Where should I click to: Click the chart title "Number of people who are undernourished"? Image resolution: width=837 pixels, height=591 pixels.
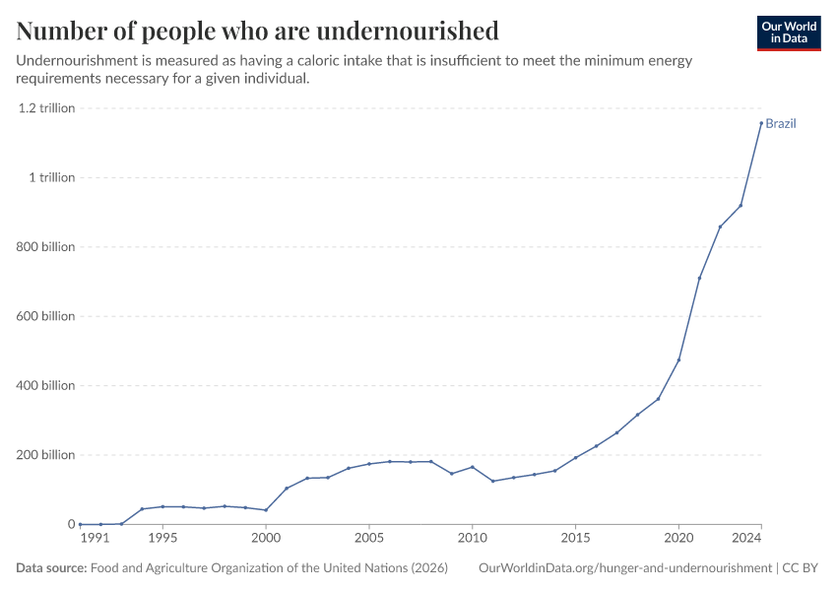[x=257, y=31]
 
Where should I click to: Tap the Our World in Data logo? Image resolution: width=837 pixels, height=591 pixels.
[x=788, y=33]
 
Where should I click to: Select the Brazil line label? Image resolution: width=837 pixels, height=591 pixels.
[x=780, y=124]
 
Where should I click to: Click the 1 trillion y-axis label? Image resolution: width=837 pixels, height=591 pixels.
[x=51, y=177]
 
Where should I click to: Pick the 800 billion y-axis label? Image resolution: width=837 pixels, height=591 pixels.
[x=45, y=247]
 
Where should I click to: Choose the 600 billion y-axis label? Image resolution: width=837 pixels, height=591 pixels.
[x=45, y=316]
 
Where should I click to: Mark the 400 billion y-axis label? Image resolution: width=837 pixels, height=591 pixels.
[x=45, y=385]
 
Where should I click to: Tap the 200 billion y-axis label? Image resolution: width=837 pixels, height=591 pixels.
[x=45, y=455]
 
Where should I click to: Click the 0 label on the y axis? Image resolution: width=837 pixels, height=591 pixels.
[x=70, y=524]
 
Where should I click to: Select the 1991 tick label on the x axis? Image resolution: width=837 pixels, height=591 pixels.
[x=94, y=539]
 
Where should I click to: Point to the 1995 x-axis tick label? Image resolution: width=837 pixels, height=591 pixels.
[x=162, y=539]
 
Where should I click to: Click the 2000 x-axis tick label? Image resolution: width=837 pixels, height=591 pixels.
[x=266, y=539]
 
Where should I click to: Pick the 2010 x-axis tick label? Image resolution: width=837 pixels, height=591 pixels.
[x=473, y=539]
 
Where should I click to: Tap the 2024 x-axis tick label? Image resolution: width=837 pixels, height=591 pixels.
[x=747, y=539]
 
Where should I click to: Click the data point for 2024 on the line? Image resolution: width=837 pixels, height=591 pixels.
[x=761, y=123]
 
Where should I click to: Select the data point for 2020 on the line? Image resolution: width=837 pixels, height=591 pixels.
[x=678, y=361]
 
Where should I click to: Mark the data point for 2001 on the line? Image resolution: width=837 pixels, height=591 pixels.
[x=287, y=489]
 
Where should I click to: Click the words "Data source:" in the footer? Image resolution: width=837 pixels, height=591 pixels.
[x=51, y=568]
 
